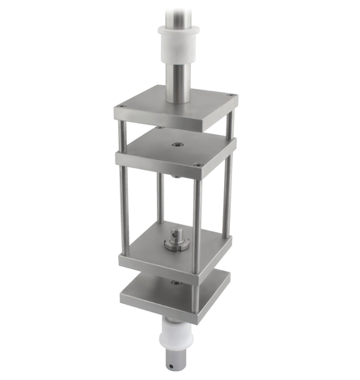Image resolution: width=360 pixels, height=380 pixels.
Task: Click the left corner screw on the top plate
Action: [121, 105]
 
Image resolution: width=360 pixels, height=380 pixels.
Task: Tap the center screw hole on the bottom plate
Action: [175, 283]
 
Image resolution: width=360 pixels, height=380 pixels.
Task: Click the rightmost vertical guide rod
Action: [229, 194]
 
